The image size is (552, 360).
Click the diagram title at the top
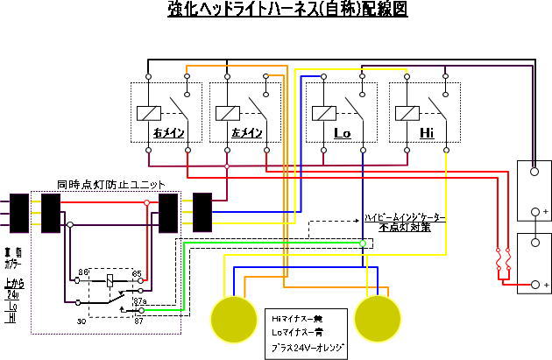point(276,10)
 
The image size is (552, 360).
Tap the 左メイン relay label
point(248,133)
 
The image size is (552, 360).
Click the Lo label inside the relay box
point(342,133)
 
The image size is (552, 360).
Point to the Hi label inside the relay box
point(427,133)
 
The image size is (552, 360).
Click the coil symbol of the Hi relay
point(407,112)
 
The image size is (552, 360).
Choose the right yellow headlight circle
point(378,317)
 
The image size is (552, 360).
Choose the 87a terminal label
point(139,301)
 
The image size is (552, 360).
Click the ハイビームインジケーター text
point(404,216)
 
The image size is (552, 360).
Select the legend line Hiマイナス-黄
point(302,318)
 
